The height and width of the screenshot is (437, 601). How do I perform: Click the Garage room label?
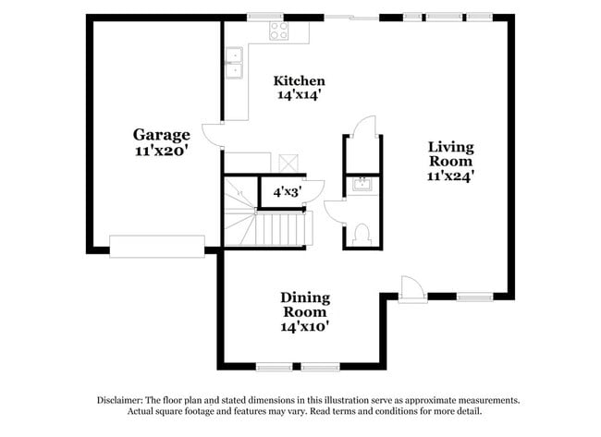pyautogui.click(x=161, y=134)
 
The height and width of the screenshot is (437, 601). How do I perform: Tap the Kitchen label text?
pyautogui.click(x=299, y=79)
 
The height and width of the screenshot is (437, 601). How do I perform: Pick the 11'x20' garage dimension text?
pyautogui.click(x=161, y=150)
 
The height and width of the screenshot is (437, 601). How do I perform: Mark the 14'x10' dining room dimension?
pyautogui.click(x=305, y=326)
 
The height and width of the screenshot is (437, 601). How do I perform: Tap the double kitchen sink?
pyautogui.click(x=234, y=62)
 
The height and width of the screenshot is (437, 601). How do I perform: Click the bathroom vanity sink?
pyautogui.click(x=362, y=184)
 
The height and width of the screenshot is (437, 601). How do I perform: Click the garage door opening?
pyautogui.click(x=156, y=246)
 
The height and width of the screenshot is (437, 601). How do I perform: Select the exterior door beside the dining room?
pyautogui.click(x=412, y=289)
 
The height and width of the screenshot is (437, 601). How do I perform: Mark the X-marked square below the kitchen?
pyautogui.click(x=289, y=161)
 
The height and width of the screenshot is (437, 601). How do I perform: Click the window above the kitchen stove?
pyautogui.click(x=266, y=16)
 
